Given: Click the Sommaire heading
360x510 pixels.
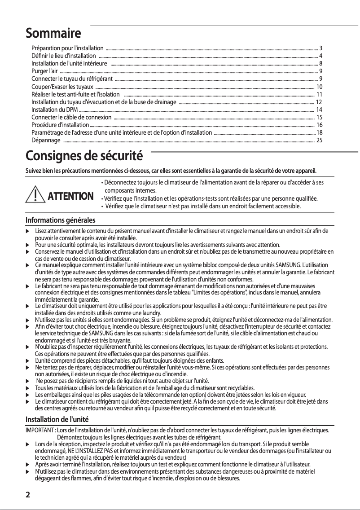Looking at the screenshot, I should (53, 33).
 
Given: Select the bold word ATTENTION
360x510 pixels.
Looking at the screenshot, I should (70, 196).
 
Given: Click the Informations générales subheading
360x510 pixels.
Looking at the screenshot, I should (60, 220).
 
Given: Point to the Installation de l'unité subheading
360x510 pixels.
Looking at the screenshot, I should (57, 419).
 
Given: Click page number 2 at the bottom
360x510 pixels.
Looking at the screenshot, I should (28, 495).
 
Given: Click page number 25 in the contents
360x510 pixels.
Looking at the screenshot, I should (319, 141).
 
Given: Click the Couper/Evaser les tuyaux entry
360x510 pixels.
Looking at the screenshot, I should (62, 87).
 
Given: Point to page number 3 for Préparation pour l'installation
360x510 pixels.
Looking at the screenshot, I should (320, 48).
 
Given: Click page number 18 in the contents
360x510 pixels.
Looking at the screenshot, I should (319, 133).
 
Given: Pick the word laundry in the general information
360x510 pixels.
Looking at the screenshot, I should (152, 312).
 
